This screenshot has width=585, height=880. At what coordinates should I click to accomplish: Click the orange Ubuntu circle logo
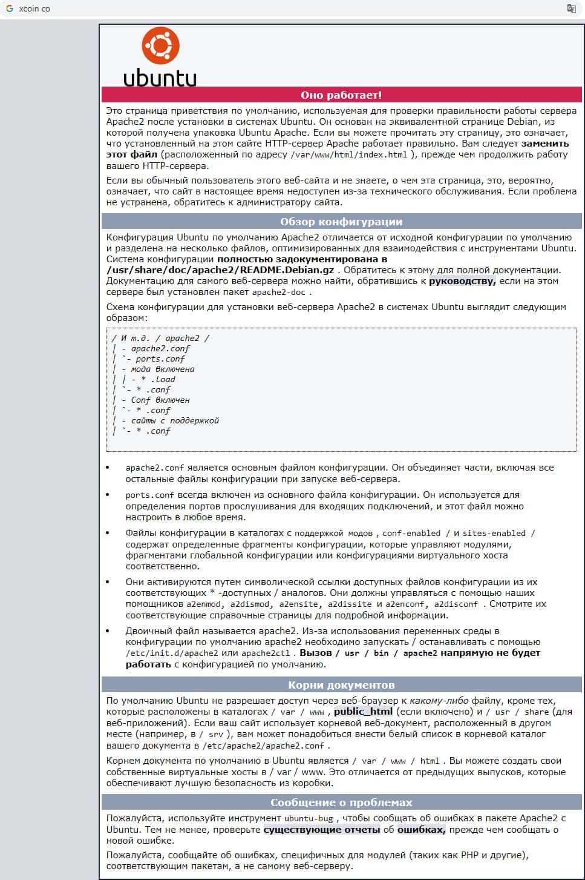[x=160, y=45]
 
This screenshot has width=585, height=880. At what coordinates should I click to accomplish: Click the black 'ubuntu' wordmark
[x=160, y=78]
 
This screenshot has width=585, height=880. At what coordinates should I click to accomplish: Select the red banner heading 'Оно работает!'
[x=341, y=95]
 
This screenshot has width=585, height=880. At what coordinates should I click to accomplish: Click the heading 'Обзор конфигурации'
[x=341, y=222]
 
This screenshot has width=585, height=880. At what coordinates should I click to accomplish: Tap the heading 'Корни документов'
[x=341, y=685]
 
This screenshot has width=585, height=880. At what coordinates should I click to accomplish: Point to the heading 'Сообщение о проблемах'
[x=341, y=802]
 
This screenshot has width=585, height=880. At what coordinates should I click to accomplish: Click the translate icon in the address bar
[x=571, y=8]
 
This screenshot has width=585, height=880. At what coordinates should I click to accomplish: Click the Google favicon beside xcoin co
[x=10, y=8]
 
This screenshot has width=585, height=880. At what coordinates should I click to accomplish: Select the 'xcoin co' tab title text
[x=34, y=9]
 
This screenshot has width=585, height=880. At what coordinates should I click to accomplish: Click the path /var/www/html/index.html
[x=349, y=155]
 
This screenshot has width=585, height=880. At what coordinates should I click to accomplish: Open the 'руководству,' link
[x=462, y=281]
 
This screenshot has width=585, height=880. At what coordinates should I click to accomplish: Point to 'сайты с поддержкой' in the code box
[x=175, y=420]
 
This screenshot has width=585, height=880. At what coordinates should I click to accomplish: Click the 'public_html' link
[x=363, y=712]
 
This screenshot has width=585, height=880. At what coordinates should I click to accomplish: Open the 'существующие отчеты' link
[x=322, y=830]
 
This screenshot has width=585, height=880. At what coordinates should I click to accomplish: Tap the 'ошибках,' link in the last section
[x=421, y=830]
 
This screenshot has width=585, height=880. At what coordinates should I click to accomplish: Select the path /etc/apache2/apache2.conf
[x=263, y=746]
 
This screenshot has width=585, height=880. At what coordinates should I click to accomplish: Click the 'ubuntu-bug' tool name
[x=309, y=819]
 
